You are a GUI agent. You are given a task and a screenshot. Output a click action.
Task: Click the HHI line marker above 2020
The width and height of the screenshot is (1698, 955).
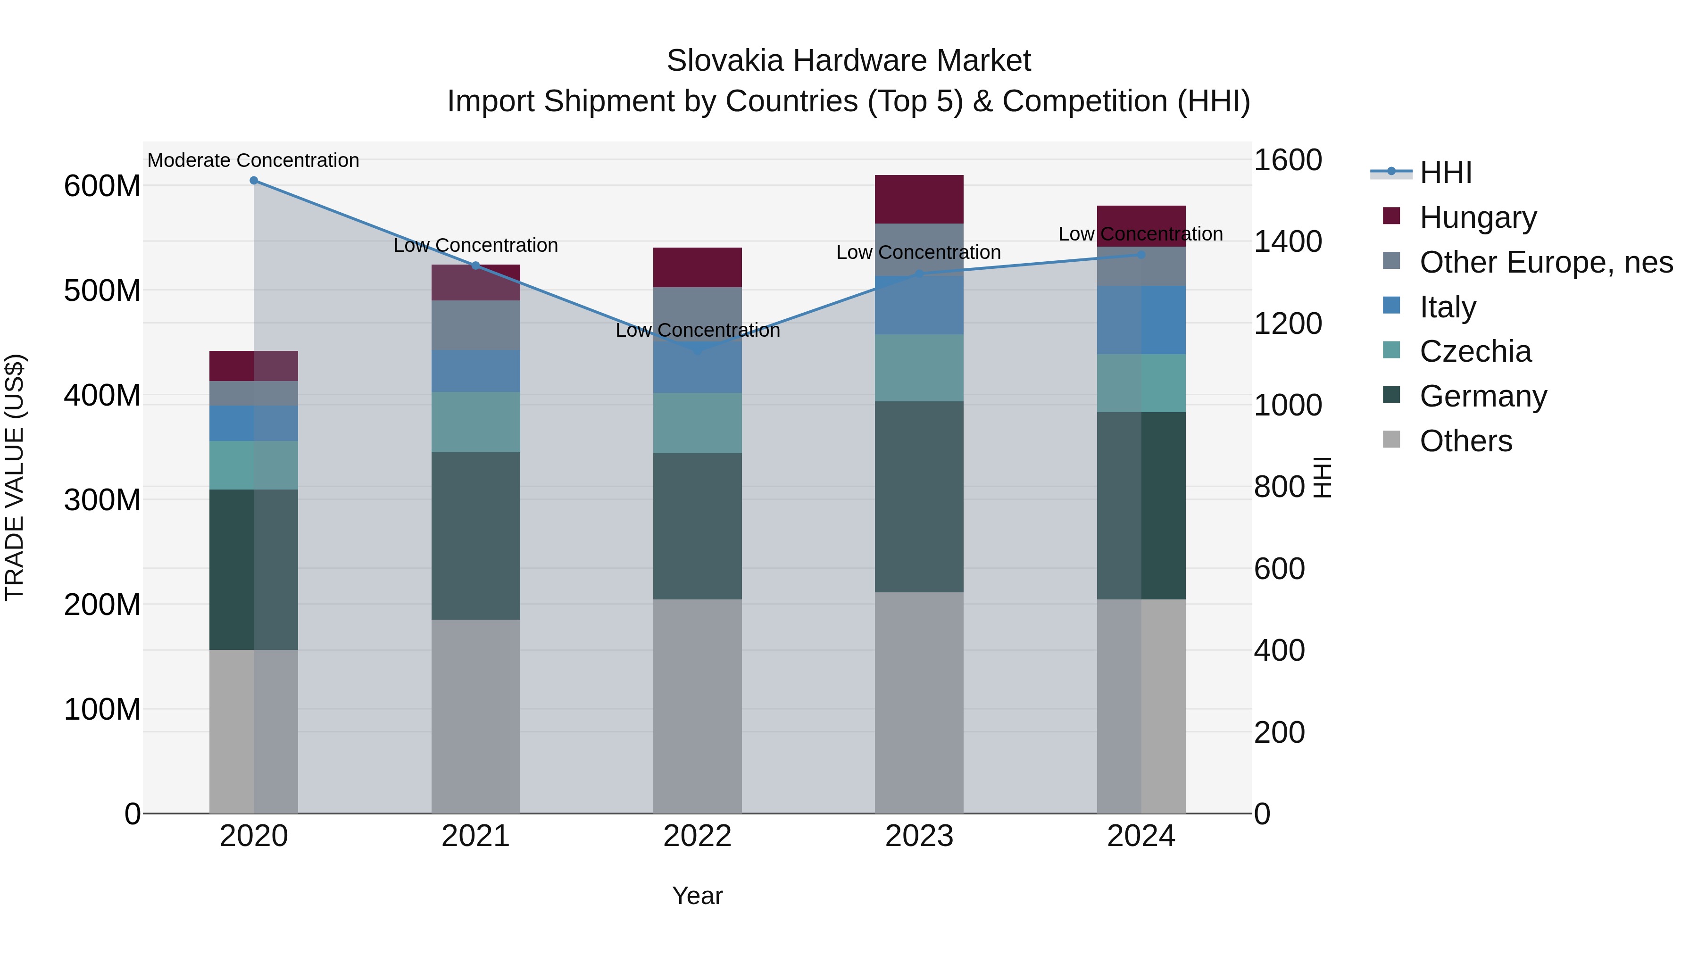pyautogui.click(x=254, y=181)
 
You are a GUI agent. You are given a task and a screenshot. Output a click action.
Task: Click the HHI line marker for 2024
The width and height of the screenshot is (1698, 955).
pyautogui.click(x=1141, y=255)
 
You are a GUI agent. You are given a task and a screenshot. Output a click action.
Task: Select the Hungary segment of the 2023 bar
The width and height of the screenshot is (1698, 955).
pyautogui.click(x=919, y=199)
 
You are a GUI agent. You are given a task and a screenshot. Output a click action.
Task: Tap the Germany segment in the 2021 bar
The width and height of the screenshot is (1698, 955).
pyautogui.click(x=475, y=535)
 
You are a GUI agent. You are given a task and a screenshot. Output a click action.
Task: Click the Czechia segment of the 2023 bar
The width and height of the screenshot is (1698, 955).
pyautogui.click(x=919, y=368)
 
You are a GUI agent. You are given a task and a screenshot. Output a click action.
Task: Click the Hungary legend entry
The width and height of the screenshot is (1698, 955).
pyautogui.click(x=1477, y=217)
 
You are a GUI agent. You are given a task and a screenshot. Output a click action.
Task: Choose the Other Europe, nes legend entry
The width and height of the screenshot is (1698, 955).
pyautogui.click(x=1545, y=262)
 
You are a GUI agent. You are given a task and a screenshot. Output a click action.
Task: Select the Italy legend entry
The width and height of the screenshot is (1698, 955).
pyautogui.click(x=1447, y=307)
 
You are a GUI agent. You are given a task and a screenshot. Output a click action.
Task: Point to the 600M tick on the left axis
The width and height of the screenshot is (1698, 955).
pyautogui.click(x=102, y=186)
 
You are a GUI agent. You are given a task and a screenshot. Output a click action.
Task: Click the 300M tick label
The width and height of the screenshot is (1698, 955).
pyautogui.click(x=102, y=499)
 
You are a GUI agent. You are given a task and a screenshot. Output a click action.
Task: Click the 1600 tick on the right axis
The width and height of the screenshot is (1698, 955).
pyautogui.click(x=1287, y=160)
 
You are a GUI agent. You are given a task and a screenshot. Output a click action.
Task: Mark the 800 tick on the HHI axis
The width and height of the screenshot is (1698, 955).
pyautogui.click(x=1279, y=487)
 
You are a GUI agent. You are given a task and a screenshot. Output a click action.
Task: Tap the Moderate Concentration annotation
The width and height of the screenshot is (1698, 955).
pyautogui.click(x=253, y=160)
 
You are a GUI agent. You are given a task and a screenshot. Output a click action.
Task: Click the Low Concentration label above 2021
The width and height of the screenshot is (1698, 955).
pyautogui.click(x=475, y=245)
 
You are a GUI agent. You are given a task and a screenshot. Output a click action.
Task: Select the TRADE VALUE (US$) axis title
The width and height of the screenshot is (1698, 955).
pyautogui.click(x=15, y=477)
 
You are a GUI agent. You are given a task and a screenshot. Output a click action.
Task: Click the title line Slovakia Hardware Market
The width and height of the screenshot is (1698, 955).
pyautogui.click(x=849, y=61)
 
